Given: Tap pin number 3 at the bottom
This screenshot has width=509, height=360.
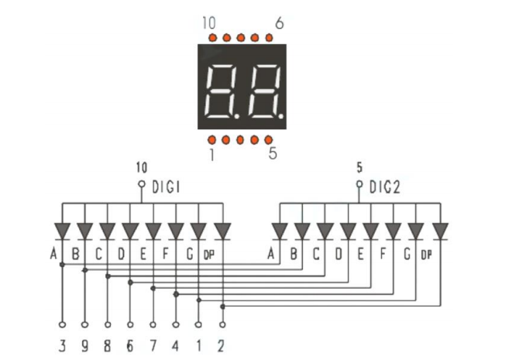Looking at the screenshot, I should tap(62, 346).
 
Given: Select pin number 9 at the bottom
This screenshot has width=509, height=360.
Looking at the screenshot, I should tap(84, 346).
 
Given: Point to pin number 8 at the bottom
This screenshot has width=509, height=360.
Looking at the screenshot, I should tap(107, 346).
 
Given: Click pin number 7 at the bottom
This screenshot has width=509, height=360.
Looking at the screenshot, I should tap(153, 346).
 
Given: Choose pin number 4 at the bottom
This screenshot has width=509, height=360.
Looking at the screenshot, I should tap(176, 346).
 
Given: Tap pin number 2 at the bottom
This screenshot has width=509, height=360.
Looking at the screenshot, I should tap(222, 346).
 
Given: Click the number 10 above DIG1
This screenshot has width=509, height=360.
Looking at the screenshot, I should tap(141, 167).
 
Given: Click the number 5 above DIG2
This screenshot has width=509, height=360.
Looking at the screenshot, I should tap(359, 167).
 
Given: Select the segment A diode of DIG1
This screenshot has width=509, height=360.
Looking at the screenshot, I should tap(62, 231).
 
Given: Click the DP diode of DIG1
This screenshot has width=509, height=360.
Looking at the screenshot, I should tap(222, 231).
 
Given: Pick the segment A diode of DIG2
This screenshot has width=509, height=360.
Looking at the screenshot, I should tap(280, 231).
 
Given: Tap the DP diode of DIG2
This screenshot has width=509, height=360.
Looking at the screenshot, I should tap(441, 231).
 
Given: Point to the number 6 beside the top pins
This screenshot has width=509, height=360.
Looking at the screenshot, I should tap(279, 24).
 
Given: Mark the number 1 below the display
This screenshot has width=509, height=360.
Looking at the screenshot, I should tap(211, 155).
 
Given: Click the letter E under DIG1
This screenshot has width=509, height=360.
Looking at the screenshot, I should tap(143, 253).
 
